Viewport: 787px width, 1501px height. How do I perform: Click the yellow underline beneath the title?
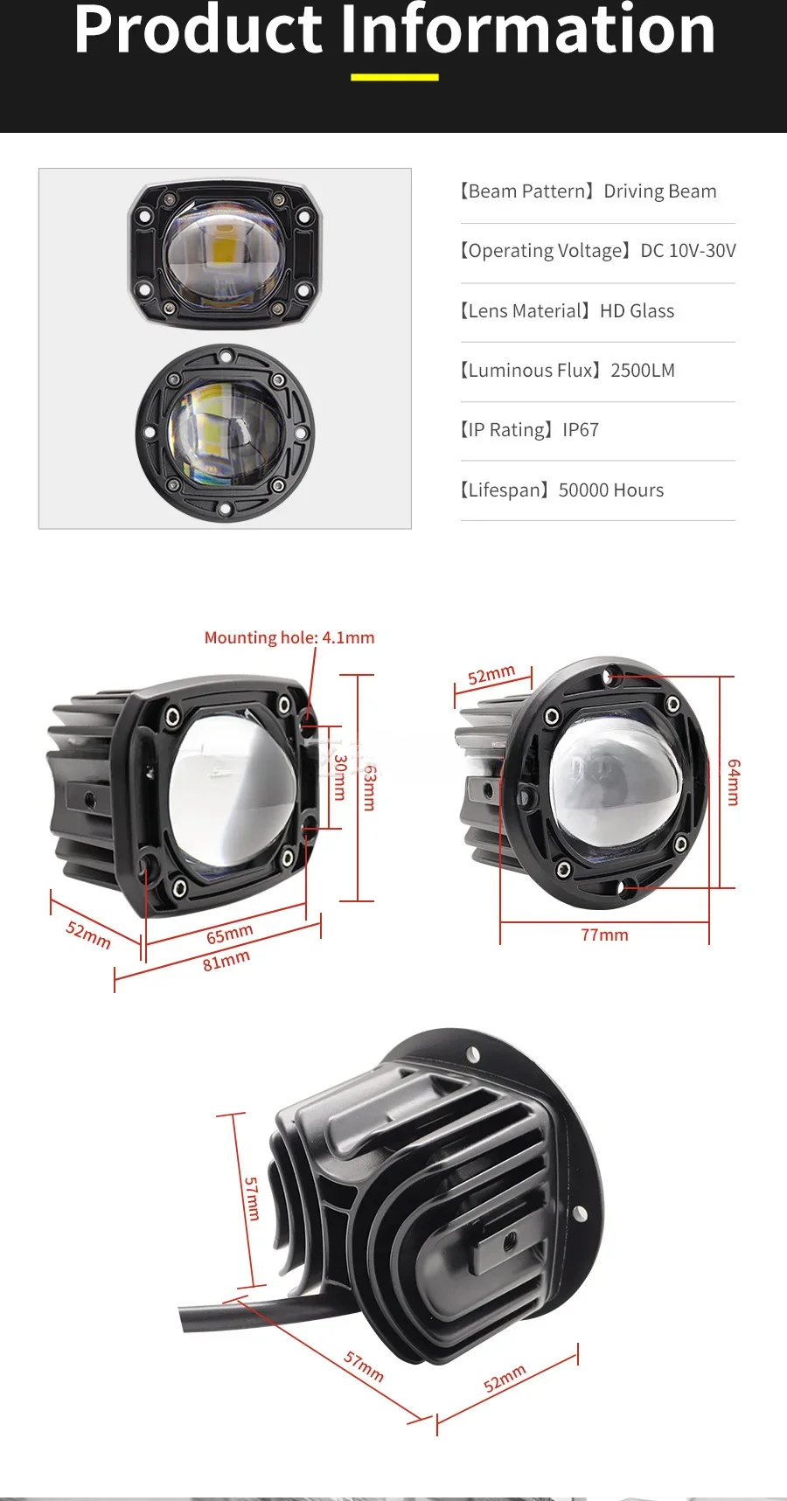tap(394, 77)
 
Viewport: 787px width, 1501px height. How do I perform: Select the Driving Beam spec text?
tap(660, 191)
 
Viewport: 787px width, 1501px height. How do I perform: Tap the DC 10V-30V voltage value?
tap(688, 251)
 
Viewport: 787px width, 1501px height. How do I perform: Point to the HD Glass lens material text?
tap(637, 311)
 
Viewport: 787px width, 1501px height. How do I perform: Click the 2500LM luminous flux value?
tap(643, 371)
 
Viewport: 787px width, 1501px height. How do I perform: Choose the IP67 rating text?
tap(581, 430)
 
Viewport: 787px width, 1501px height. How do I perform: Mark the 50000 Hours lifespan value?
tap(611, 490)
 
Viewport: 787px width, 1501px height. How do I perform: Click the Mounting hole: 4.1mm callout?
tap(289, 638)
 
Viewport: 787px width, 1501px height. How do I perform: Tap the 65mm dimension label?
tap(230, 935)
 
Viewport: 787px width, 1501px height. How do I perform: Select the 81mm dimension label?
tap(226, 961)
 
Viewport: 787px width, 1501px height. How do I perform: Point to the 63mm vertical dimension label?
tap(370, 788)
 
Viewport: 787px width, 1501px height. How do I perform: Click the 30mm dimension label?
tap(340, 777)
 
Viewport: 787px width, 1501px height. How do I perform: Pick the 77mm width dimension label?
tap(604, 935)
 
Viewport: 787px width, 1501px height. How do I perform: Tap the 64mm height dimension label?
tap(734, 782)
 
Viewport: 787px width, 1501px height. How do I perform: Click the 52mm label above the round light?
tap(491, 675)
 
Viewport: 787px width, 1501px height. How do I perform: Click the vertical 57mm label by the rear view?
tap(252, 1199)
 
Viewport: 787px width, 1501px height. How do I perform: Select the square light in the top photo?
tap(225, 255)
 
